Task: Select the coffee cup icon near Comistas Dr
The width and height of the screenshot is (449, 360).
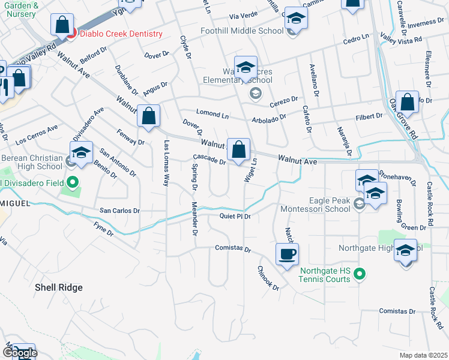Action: (287, 254)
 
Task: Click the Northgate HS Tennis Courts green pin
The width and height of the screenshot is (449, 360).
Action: (360, 275)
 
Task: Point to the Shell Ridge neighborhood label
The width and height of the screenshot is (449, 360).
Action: (58, 287)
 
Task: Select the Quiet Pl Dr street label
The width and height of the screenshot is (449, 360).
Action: (235, 216)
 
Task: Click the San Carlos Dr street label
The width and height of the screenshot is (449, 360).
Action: (119, 211)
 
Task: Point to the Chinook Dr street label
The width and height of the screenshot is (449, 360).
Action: (268, 278)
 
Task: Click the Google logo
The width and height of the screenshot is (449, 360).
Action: (19, 353)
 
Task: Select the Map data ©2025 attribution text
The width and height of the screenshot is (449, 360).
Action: (423, 355)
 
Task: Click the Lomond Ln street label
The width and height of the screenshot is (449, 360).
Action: (213, 113)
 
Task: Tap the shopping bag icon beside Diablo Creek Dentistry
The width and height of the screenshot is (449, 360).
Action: (61, 25)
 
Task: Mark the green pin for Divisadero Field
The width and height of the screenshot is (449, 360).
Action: (73, 182)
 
